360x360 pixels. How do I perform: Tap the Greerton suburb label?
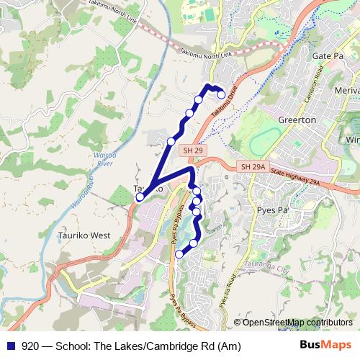(296, 120)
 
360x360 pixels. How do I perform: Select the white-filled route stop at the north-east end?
(222, 94)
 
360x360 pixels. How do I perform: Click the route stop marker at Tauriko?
(140, 196)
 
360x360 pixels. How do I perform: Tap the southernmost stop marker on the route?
(179, 254)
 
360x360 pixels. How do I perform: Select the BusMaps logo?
(325, 344)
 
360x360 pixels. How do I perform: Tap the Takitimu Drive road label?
(224, 104)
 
